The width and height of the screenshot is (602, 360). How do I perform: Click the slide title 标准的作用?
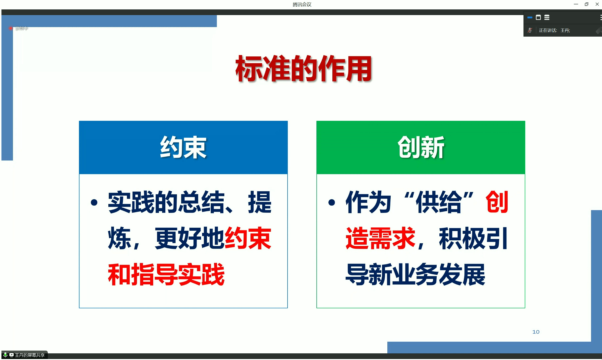304,69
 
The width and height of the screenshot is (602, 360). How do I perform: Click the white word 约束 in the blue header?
183,148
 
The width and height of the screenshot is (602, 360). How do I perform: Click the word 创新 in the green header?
421,148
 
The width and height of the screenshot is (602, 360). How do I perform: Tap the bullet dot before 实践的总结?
94,202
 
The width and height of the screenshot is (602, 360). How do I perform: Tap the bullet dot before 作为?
331,202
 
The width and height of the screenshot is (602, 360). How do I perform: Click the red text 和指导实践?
166,275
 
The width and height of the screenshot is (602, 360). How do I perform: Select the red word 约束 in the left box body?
248,239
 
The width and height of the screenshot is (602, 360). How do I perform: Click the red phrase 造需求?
380,239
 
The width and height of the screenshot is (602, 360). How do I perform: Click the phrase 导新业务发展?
415,275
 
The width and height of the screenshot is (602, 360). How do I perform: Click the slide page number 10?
536,332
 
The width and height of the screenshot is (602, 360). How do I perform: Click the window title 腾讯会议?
302,4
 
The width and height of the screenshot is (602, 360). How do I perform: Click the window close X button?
597,4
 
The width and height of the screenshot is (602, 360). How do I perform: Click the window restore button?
586,4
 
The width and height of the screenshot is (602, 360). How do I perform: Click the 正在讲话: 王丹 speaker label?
554,30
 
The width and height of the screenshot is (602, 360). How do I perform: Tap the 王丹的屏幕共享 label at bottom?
29,355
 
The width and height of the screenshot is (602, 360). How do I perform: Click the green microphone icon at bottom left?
5,355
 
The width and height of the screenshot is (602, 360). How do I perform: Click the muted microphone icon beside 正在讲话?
530,30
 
